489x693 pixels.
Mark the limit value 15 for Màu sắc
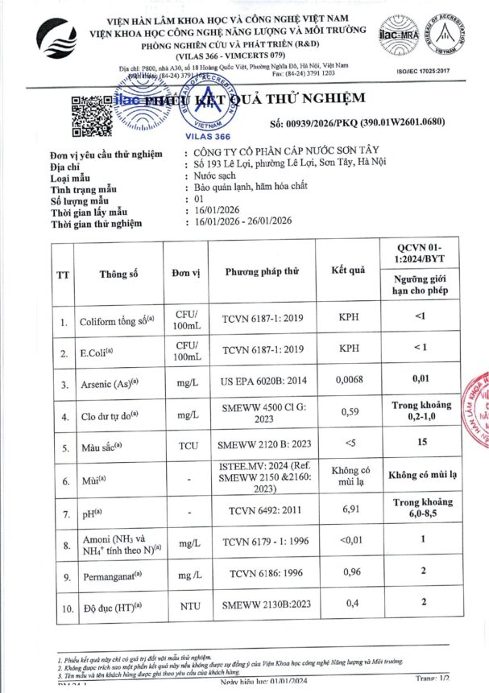point(419,442)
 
